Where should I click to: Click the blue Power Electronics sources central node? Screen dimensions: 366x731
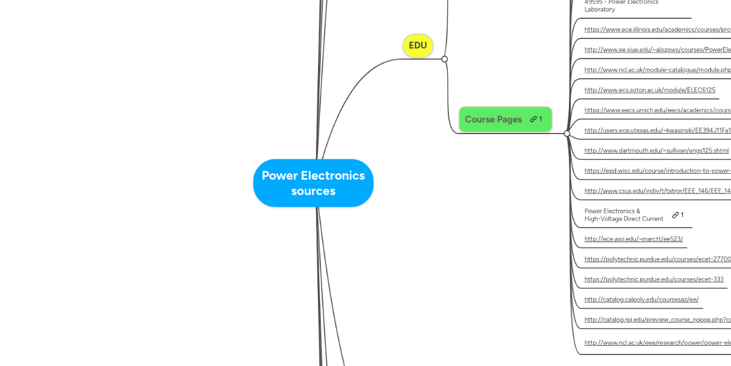pos(313,183)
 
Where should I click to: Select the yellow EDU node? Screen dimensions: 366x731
pos(418,46)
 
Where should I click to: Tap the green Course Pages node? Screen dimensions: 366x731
pos(493,119)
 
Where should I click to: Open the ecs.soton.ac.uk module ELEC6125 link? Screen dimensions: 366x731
pos(649,90)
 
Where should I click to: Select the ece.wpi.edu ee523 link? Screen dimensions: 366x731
pos(634,239)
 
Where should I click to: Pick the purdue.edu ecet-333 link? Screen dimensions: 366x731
pos(654,279)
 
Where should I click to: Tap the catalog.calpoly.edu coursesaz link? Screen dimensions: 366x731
pos(641,300)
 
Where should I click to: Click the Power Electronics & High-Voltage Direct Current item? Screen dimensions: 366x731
pos(624,215)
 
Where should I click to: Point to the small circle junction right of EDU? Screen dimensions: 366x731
pos(445,59)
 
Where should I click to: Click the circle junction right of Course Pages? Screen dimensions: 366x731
pos(567,134)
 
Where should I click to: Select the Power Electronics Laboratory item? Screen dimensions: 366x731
pos(621,6)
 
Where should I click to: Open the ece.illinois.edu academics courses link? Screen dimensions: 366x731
pos(657,30)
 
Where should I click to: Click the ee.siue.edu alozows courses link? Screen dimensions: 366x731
pos(657,50)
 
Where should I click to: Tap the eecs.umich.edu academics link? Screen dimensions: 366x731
pos(657,110)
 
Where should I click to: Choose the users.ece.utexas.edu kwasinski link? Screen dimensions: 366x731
pos(657,131)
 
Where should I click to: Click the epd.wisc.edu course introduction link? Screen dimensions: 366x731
pos(657,171)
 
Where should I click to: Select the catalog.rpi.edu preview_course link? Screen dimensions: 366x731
pos(657,320)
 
